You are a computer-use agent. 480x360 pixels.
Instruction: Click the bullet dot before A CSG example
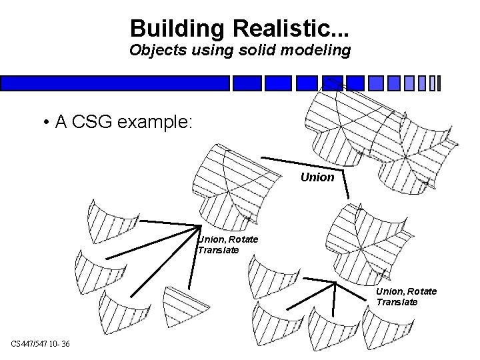tap(45, 122)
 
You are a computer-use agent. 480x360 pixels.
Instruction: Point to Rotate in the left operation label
tap(241, 239)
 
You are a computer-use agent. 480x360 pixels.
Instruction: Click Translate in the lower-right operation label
tap(397, 301)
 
